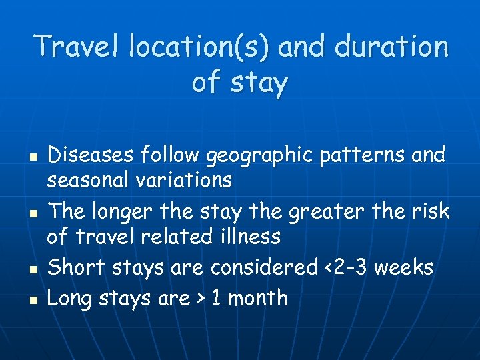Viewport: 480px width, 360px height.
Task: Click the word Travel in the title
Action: click(x=78, y=47)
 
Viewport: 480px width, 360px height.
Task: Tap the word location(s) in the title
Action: click(x=198, y=47)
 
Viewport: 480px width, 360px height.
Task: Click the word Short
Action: click(x=73, y=267)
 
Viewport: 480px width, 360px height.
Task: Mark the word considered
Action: click(x=264, y=267)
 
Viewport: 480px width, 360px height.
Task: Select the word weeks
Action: click(x=405, y=267)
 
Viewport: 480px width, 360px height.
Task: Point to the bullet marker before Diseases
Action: click(x=33, y=159)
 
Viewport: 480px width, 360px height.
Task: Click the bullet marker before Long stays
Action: click(x=33, y=301)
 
